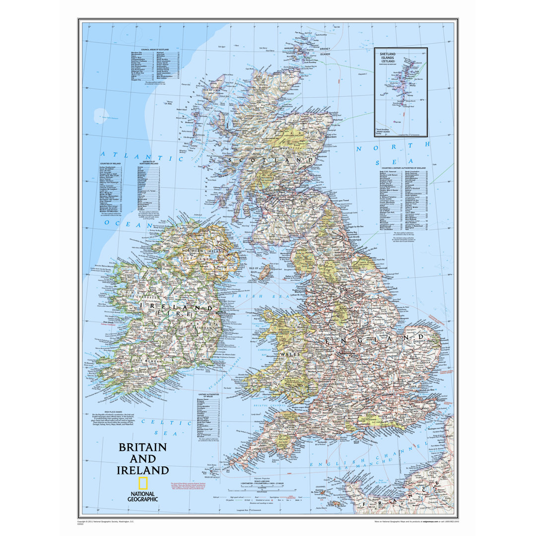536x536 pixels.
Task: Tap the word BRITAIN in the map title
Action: tap(142, 447)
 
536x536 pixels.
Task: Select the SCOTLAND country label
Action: tap(270, 160)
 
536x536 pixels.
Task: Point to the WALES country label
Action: tap(287, 354)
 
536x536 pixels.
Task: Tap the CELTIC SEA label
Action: tap(166, 422)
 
